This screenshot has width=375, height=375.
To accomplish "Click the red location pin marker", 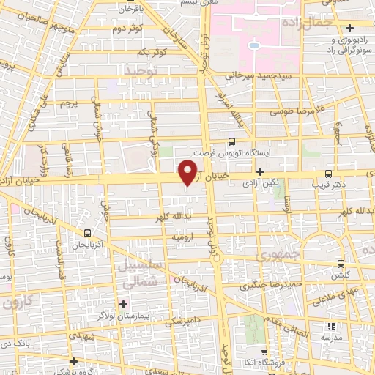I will (188, 171).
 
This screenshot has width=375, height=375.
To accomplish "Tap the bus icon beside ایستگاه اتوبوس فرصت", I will (232, 141).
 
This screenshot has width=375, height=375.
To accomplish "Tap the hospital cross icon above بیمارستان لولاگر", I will (123, 303).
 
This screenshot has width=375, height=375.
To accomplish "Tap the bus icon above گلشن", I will (340, 264).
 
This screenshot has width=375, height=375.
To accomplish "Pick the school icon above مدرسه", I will (328, 326).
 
